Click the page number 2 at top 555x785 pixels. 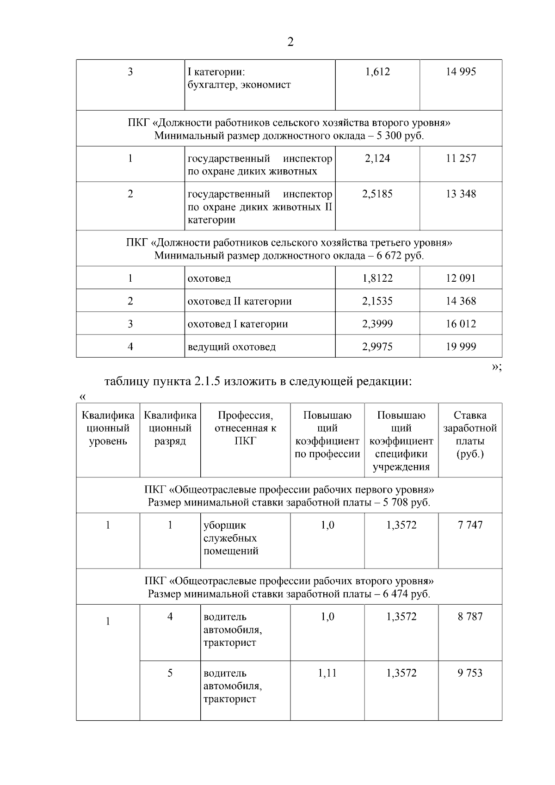pyautogui.click(x=290, y=42)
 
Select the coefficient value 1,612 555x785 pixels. pyautogui.click(x=377, y=72)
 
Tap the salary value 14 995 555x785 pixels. pyautogui.click(x=461, y=72)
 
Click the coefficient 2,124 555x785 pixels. pyautogui.click(x=377, y=159)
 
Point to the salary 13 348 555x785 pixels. pyautogui.click(x=461, y=194)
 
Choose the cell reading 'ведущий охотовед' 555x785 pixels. pyautogui.click(x=232, y=347)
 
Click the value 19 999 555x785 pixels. pyautogui.click(x=461, y=347)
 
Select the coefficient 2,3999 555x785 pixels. pyautogui.click(x=377, y=324)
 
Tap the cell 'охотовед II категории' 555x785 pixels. pyautogui.click(x=240, y=301)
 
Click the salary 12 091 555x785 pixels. pyautogui.click(x=461, y=278)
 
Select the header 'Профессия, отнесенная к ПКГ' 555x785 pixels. pyautogui.click(x=245, y=428)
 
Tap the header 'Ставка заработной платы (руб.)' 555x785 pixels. pyautogui.click(x=470, y=435)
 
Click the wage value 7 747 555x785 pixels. pyautogui.click(x=470, y=525)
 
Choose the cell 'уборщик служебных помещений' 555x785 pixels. pyautogui.click(x=231, y=538)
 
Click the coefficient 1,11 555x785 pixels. pyautogui.click(x=327, y=673)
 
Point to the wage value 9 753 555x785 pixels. pyautogui.click(x=470, y=673)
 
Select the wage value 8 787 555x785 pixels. pyautogui.click(x=470, y=617)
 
